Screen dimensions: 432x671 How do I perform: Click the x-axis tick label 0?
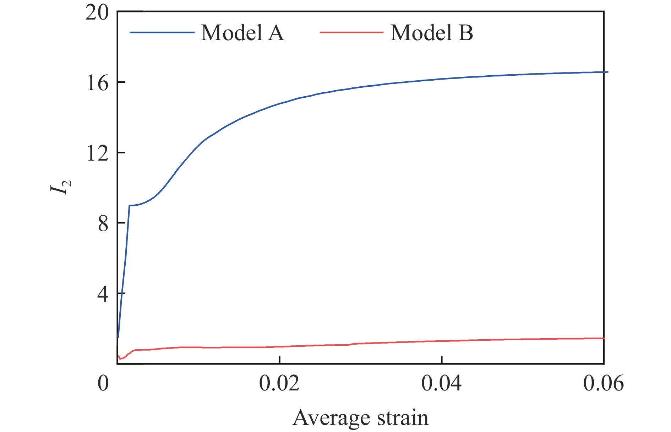point(103,383)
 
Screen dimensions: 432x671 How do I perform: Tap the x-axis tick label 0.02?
point(279,383)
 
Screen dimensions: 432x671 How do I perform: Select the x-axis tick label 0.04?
point(441,383)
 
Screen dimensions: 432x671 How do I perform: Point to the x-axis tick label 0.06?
point(603,383)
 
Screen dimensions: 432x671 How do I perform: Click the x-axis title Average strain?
point(360,418)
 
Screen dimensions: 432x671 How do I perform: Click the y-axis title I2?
point(60,186)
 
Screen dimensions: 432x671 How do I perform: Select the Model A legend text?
point(242,33)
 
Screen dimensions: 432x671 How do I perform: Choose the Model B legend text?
point(432,33)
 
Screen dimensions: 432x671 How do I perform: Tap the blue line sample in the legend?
point(162,33)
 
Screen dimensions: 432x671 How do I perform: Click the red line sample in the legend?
point(351,33)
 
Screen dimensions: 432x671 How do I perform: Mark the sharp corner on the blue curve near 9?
point(129,205)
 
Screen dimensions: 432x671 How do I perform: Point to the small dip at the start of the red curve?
point(121,358)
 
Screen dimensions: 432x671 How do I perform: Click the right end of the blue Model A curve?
point(607,72)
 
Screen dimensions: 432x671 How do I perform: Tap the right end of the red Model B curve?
point(603,338)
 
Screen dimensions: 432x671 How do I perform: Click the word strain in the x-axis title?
point(402,418)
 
